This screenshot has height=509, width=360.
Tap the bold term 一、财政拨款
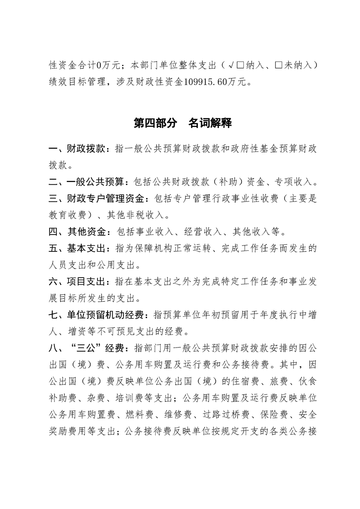tap(77, 148)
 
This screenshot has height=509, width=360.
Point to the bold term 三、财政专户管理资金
tap(99, 199)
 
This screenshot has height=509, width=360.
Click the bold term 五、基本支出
tap(77, 249)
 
